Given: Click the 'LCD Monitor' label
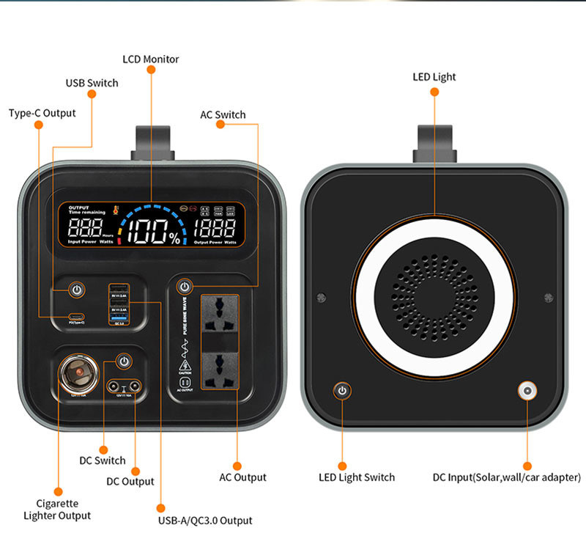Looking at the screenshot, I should click(x=150, y=59).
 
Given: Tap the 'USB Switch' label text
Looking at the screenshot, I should click(x=92, y=83).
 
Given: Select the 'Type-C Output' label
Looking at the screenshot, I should click(x=42, y=113).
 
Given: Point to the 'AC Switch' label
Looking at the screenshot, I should click(x=223, y=114).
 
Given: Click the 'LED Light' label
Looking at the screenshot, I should click(x=434, y=76).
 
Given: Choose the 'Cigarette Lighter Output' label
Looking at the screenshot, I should click(x=57, y=509).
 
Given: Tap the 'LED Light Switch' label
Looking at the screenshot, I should click(x=357, y=477).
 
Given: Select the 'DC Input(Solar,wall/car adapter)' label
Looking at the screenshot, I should click(x=506, y=477).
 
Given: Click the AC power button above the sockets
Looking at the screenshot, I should click(x=185, y=287).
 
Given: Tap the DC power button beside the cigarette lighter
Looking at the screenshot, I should click(x=125, y=361).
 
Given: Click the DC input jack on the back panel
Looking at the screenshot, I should click(x=526, y=390).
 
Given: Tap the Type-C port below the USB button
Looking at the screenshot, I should click(x=76, y=316).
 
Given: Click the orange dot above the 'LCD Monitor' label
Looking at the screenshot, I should click(x=151, y=69).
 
